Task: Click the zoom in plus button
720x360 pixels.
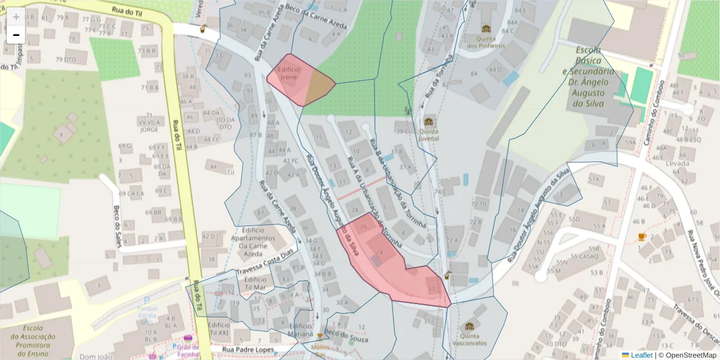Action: [16, 17]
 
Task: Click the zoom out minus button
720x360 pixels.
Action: [16, 35]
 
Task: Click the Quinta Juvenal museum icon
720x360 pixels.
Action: [428, 122]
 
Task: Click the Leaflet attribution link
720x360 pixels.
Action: [641, 355]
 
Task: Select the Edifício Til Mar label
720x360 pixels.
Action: [255, 283]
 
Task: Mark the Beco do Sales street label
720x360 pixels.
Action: [116, 223]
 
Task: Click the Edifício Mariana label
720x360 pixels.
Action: [301, 329]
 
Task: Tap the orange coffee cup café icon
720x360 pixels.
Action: [641, 236]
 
